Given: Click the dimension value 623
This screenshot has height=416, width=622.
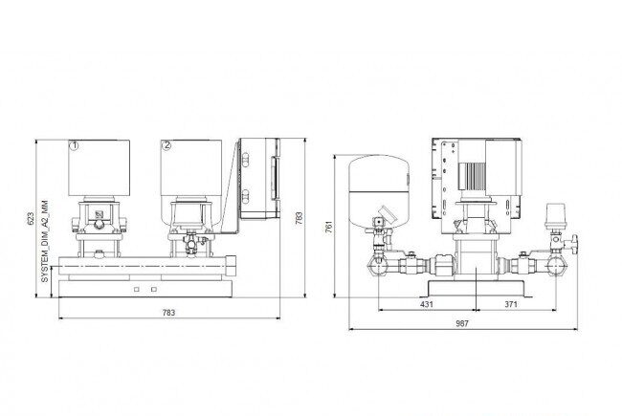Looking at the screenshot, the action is (31, 218).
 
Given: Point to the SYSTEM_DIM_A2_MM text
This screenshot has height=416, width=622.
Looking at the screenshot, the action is (45, 241).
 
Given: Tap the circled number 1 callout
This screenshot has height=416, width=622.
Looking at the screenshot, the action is (75, 146).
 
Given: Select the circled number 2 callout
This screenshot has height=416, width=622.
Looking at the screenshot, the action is (167, 145).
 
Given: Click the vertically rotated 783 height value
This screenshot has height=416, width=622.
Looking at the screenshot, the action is (300, 218).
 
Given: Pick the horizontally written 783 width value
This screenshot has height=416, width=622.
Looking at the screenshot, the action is (168, 313).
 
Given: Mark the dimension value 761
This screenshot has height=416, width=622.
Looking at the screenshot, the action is (329, 227).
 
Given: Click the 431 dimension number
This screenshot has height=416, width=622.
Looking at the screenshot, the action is (427, 304).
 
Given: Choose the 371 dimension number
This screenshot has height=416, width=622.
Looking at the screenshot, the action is (511, 304).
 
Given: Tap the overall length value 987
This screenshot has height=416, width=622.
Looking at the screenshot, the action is (462, 323).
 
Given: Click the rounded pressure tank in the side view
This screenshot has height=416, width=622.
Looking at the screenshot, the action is (379, 191).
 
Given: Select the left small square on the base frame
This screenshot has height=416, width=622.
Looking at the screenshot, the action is (137, 290).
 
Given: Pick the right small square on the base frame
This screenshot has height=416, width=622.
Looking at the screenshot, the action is (154, 290).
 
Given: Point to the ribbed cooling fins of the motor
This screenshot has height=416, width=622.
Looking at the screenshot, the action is (472, 176).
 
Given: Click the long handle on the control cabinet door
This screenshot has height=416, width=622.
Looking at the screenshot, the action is (274, 178).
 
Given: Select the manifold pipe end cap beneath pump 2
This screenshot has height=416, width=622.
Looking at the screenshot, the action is (231, 266).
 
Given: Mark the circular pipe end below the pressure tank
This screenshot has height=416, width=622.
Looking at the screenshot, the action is (378, 266).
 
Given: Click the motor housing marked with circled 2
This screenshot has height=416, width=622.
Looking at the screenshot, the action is (191, 167).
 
